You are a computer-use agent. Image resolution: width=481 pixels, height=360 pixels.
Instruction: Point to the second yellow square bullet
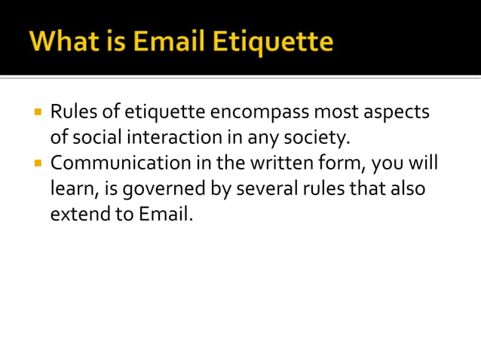click(38, 163)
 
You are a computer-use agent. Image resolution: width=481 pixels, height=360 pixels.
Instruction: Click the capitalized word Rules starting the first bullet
click(73, 113)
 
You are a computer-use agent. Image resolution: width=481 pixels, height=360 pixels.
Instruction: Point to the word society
click(322, 138)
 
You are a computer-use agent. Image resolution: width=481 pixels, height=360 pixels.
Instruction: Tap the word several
click(263, 188)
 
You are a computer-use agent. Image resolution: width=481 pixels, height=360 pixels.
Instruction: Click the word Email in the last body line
click(166, 213)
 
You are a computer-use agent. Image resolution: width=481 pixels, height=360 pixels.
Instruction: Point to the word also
click(406, 188)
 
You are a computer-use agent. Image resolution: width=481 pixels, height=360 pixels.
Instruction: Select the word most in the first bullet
click(334, 113)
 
